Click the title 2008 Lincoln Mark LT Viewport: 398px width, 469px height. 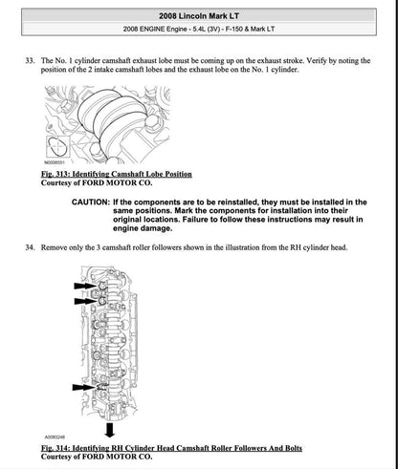200,11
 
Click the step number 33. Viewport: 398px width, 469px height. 28,59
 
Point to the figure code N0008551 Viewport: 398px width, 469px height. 56,164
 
